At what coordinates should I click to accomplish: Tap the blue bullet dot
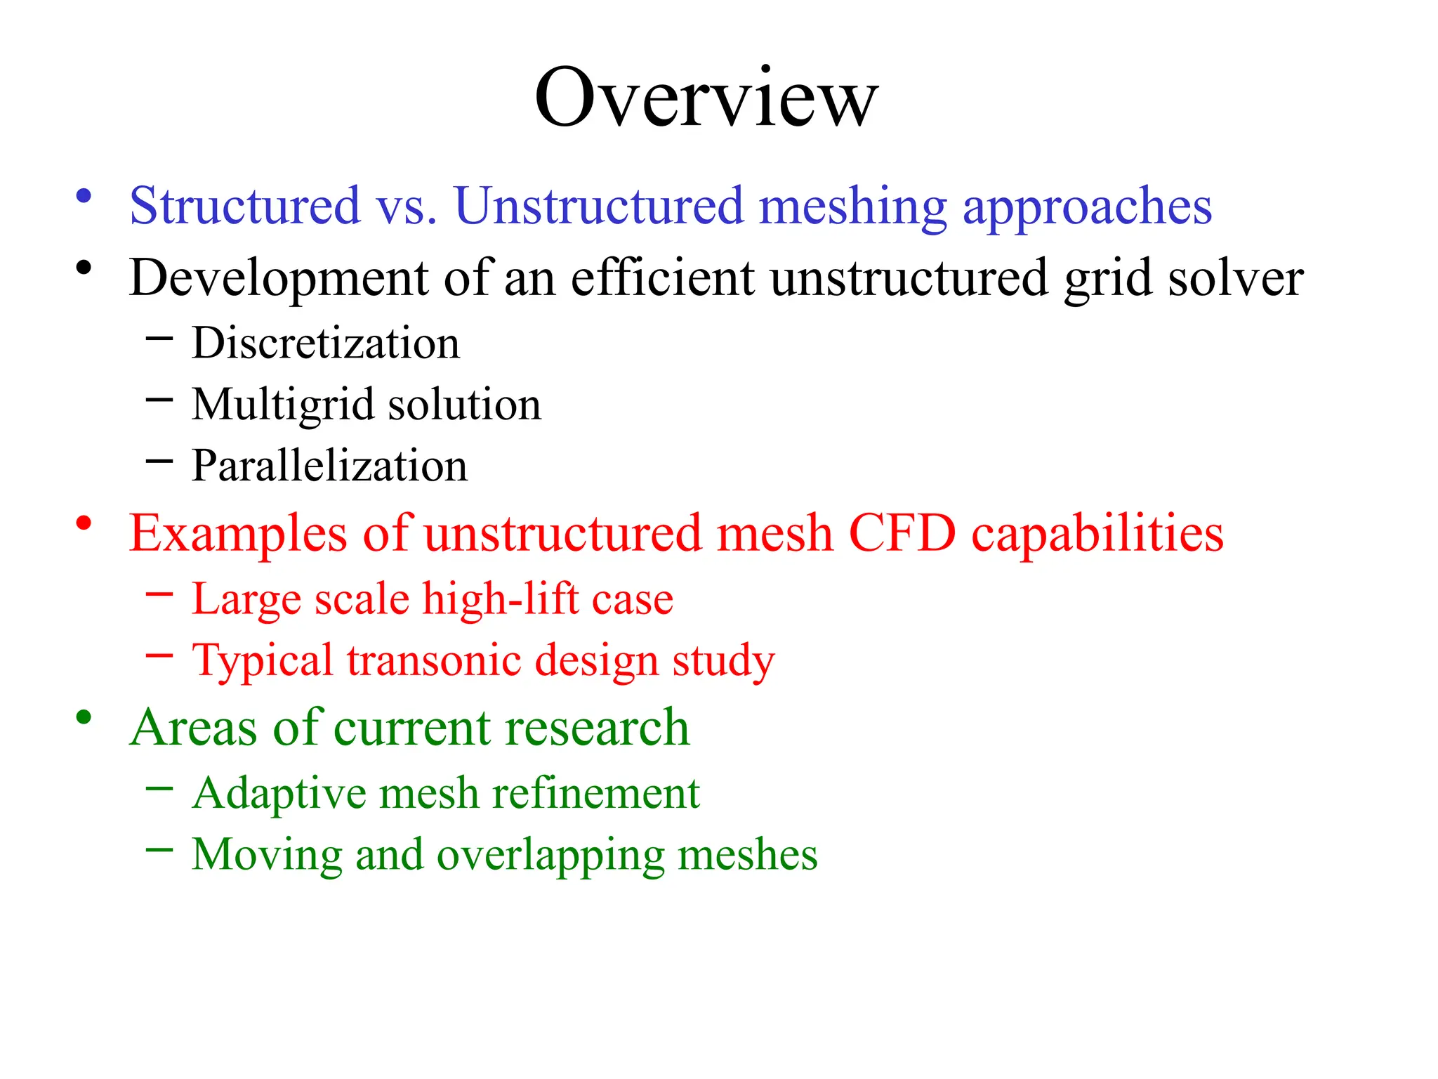click(x=84, y=196)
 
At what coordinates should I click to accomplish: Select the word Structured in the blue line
click(x=245, y=206)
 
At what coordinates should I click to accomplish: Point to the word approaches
click(x=1087, y=209)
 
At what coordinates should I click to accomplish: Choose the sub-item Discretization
click(x=326, y=344)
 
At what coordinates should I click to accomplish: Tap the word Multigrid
click(x=283, y=406)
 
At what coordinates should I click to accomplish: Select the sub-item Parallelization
click(x=329, y=466)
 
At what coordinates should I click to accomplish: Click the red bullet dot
click(x=84, y=523)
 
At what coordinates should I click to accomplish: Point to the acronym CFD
click(x=902, y=533)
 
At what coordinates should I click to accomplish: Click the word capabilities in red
click(x=1097, y=535)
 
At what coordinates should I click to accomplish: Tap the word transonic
click(x=434, y=661)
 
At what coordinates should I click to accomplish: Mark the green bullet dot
click(x=84, y=717)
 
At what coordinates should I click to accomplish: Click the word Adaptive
click(x=279, y=794)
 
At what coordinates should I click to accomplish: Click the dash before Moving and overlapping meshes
click(x=159, y=849)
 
